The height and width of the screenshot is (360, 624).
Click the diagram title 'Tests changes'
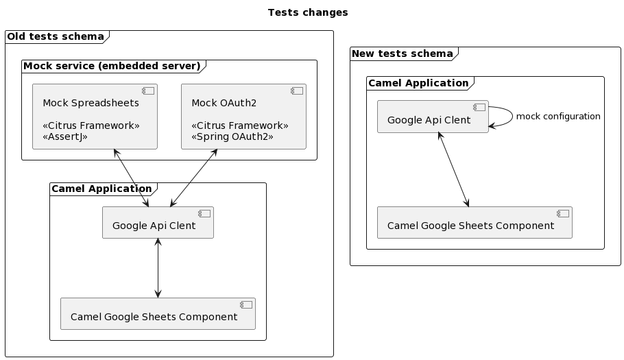click(307, 12)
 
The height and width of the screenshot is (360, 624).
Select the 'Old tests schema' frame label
click(56, 36)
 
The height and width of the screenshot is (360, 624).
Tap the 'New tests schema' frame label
click(402, 53)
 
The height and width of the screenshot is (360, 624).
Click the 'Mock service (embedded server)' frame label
click(112, 66)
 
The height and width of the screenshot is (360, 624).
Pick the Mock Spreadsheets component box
click(95, 117)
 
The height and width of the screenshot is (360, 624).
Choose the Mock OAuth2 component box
click(243, 117)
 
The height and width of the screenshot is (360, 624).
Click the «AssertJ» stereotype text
click(65, 136)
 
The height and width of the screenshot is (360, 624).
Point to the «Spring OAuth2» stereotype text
click(232, 136)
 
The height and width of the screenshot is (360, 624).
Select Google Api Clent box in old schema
click(158, 223)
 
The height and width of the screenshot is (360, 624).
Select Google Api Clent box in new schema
click(432, 117)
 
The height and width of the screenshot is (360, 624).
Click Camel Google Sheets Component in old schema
click(158, 314)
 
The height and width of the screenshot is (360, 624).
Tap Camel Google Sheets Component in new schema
click(475, 223)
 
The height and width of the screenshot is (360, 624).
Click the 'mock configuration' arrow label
click(558, 117)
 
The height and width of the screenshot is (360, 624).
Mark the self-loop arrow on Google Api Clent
click(511, 117)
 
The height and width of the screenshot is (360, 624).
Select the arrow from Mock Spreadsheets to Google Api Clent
click(131, 178)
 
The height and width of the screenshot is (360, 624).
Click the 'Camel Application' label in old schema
click(101, 189)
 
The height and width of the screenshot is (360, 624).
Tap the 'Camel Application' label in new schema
click(418, 83)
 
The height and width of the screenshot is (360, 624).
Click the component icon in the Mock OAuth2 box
click(296, 91)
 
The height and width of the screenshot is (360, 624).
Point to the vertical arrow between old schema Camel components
click(158, 268)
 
